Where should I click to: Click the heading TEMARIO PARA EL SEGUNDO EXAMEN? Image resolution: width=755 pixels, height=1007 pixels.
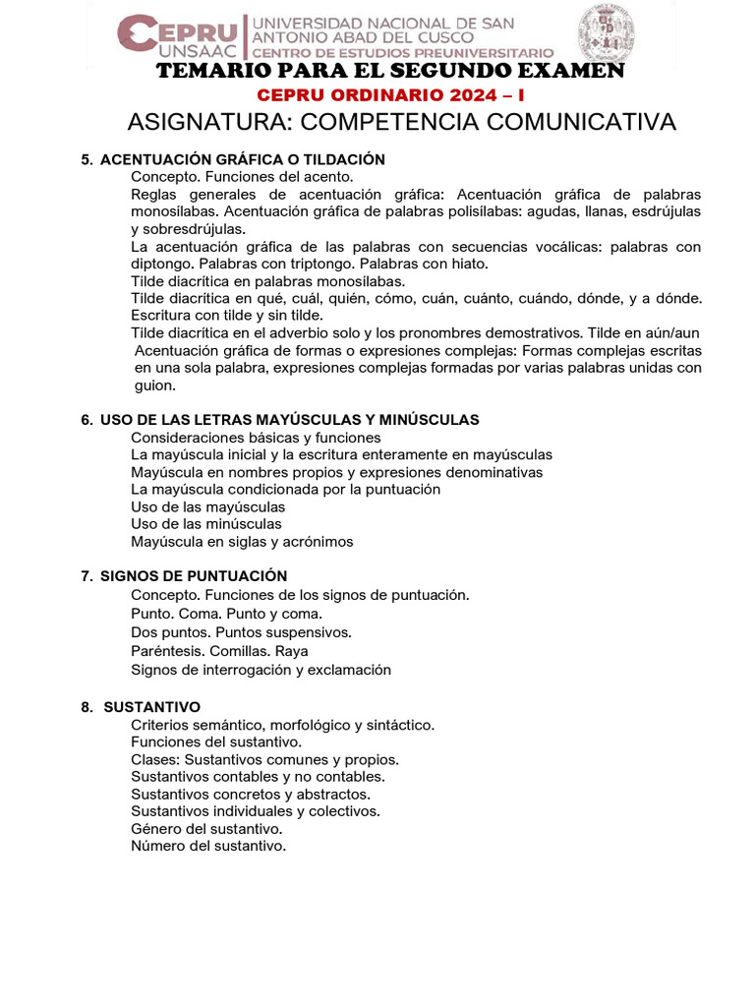pyautogui.click(x=390, y=72)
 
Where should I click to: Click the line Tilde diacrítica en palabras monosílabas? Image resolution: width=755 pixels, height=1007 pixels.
pyautogui.click(x=267, y=280)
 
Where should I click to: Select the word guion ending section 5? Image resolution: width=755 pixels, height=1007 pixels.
pyautogui.click(x=153, y=386)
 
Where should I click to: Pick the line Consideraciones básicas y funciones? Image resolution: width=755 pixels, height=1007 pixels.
pyautogui.click(x=256, y=438)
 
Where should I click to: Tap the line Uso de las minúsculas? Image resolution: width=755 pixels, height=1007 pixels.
pyautogui.click(x=206, y=524)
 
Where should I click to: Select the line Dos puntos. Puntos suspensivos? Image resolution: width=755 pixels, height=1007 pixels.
pyautogui.click(x=241, y=632)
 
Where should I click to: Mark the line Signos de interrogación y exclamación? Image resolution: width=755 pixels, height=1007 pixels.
pyautogui.click(x=261, y=670)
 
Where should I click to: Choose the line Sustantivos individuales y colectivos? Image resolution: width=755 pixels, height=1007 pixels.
pyautogui.click(x=256, y=811)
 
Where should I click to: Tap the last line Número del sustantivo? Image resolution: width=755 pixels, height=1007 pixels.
pyautogui.click(x=208, y=846)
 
